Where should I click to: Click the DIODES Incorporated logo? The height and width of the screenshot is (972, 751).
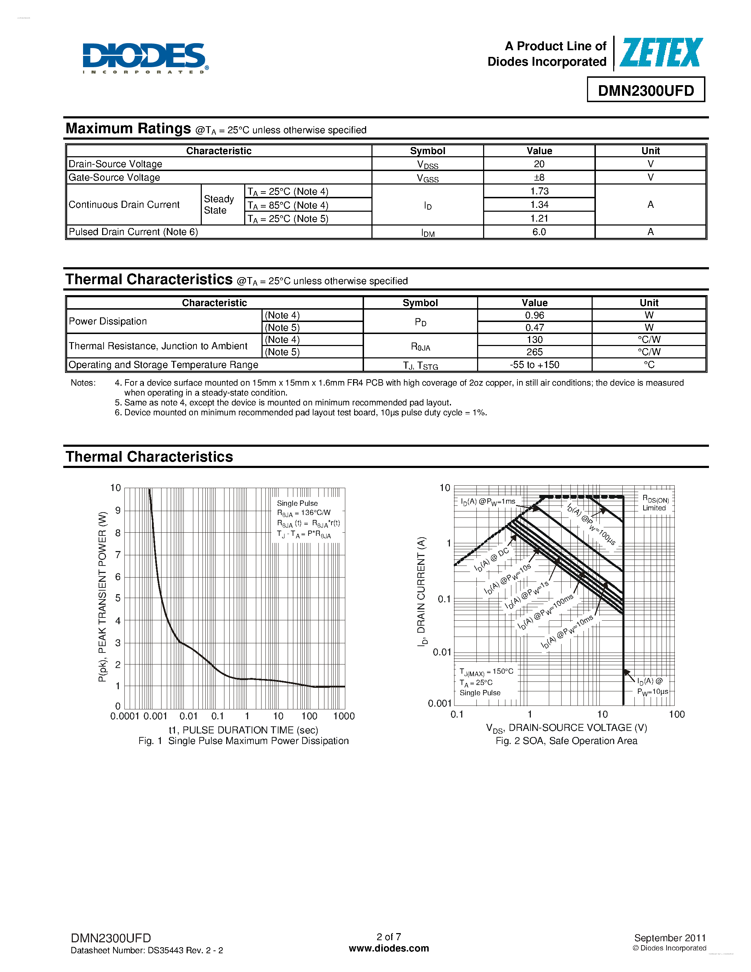pyautogui.click(x=145, y=58)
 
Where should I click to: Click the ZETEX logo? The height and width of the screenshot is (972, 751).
pyautogui.click(x=661, y=53)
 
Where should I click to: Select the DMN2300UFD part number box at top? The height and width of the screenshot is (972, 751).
pyautogui.click(x=646, y=90)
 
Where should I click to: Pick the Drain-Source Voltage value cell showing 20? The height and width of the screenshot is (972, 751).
pyautogui.click(x=539, y=164)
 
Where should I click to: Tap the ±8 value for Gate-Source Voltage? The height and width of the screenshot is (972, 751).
pyautogui.click(x=539, y=177)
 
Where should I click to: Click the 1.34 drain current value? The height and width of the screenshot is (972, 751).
pyautogui.click(x=539, y=205)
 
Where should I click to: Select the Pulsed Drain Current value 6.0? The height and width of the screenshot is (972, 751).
pyautogui.click(x=539, y=232)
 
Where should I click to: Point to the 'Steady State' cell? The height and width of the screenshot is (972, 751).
pyautogui.click(x=219, y=205)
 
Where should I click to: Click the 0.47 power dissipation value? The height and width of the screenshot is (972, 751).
pyautogui.click(x=534, y=328)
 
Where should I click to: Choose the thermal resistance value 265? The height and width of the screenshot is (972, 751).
pyautogui.click(x=534, y=352)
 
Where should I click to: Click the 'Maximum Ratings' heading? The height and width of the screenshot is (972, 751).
pyautogui.click(x=128, y=129)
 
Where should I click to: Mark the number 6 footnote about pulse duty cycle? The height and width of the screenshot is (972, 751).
pyautogui.click(x=301, y=412)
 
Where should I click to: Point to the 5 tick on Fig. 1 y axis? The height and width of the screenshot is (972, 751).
pyautogui.click(x=118, y=598)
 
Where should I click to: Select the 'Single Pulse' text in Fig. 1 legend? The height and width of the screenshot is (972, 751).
pyautogui.click(x=297, y=503)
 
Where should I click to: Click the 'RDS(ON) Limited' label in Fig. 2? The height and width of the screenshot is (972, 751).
pyautogui.click(x=655, y=503)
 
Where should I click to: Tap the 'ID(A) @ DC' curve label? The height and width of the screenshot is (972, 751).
pyautogui.click(x=491, y=560)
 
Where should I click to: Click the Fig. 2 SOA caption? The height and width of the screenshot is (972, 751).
pyautogui.click(x=567, y=741)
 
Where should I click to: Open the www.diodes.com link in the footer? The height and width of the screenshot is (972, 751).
pyautogui.click(x=389, y=948)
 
